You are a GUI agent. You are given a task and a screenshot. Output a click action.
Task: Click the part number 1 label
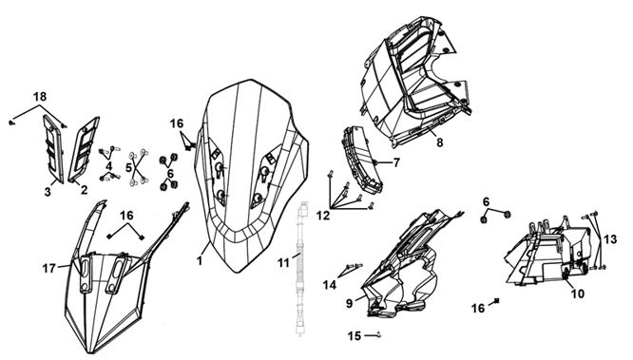click(x=200, y=260)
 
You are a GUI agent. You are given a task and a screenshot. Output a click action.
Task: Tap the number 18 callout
click(x=40, y=97)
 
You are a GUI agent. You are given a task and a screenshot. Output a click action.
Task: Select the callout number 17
click(x=48, y=268)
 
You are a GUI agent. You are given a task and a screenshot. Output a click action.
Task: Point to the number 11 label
click(x=283, y=263)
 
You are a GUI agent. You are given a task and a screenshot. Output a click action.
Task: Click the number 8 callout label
click(x=440, y=142)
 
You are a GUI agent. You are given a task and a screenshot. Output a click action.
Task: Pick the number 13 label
click(x=610, y=239)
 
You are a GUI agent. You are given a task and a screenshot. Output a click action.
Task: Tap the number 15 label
click(x=355, y=336)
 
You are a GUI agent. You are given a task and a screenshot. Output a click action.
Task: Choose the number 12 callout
click(x=323, y=216)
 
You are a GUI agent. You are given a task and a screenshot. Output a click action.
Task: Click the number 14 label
click(x=330, y=285)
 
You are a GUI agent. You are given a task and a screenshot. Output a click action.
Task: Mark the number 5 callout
click(x=128, y=167)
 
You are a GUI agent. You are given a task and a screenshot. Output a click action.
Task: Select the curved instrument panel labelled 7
click(x=362, y=160)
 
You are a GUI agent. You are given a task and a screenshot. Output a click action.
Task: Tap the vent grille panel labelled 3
click(x=53, y=148)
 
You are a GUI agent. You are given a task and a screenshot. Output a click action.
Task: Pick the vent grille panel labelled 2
click(x=84, y=148)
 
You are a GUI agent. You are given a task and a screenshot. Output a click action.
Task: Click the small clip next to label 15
click(x=378, y=334)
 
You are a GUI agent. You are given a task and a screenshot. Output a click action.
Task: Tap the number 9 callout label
click(x=349, y=303)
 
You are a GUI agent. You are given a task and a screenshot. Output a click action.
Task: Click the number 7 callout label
click(x=396, y=162)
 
